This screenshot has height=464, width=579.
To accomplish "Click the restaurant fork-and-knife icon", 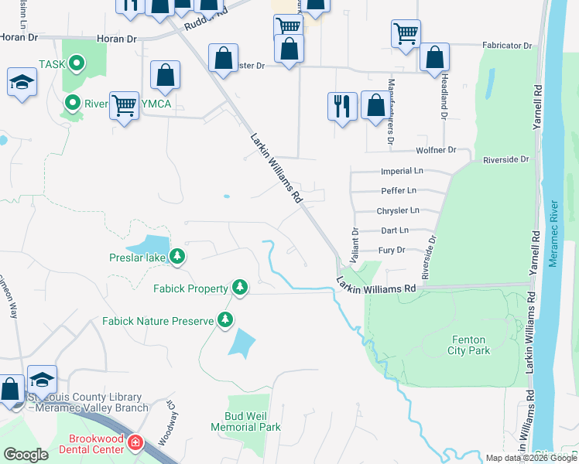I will (342, 105).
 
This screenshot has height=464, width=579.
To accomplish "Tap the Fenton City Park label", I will (469, 345).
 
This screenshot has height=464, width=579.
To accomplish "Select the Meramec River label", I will (553, 234).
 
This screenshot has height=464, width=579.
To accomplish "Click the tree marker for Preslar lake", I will (177, 255).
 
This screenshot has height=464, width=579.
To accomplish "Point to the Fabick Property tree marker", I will (240, 288).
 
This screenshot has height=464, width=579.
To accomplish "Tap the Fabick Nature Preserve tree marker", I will (225, 319).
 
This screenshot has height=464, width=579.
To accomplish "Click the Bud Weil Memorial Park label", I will (245, 421).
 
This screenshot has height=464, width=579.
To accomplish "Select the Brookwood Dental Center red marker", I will (135, 443).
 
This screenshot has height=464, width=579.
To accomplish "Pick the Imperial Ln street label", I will (402, 170).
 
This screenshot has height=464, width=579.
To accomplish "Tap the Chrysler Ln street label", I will (398, 210).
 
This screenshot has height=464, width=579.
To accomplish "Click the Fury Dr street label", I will (392, 250).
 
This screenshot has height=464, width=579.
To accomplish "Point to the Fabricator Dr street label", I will (506, 46).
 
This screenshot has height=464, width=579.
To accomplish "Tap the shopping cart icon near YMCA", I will (124, 104).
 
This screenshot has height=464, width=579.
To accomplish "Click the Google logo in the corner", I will (26, 455).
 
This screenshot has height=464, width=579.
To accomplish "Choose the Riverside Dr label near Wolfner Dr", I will (505, 159).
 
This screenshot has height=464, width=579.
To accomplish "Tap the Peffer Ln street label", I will (399, 190).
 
